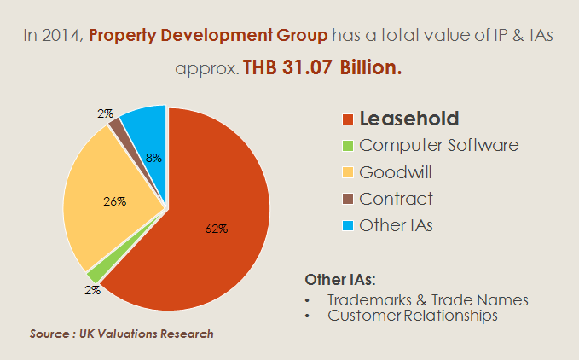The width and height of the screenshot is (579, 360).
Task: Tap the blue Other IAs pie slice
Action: (145, 128)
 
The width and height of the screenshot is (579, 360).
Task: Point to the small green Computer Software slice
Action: (93, 275)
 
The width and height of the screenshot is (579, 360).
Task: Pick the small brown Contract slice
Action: (116, 127)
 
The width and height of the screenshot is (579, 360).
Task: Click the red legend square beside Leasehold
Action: (347, 119)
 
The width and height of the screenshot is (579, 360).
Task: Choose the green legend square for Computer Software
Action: (347, 146)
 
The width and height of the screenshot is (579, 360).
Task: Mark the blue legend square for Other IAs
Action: (347, 226)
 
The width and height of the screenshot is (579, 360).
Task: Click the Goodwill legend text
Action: (396, 172)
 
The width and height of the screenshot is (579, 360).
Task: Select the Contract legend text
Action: (397, 199)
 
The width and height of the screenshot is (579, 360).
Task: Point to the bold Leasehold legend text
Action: (409, 119)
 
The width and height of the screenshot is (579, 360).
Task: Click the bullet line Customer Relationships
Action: (413, 316)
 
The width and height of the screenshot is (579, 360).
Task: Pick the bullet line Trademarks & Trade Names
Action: (428, 300)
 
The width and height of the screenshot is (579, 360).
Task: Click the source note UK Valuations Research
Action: (121, 334)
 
